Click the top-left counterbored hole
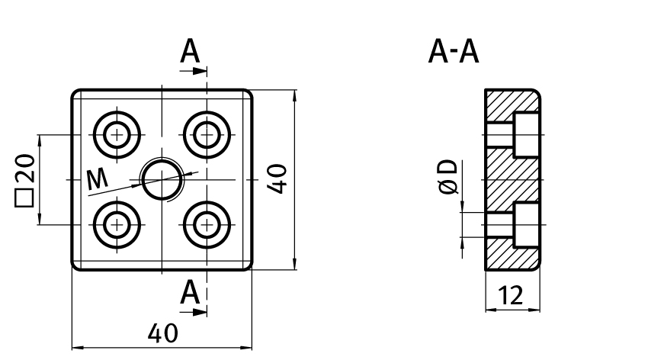coord(117,135)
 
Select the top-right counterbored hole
coord(207,135)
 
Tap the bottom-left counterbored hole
coord(117,225)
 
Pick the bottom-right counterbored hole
coord(207,225)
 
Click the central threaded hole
coord(162,180)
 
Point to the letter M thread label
coord(97,179)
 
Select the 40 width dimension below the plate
coord(162,333)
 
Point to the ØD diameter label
coord(449,177)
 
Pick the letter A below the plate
coord(190,292)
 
